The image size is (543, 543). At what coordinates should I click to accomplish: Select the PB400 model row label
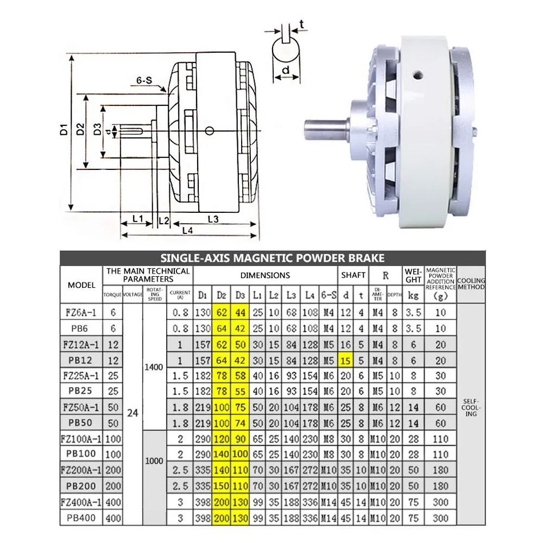[81, 518]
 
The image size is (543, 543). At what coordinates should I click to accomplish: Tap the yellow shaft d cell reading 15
[345, 361]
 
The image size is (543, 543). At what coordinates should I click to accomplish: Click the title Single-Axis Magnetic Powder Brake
[272, 258]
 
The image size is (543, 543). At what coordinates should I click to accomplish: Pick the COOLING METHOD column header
[471, 283]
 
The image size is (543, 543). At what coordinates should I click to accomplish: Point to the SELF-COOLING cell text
[471, 408]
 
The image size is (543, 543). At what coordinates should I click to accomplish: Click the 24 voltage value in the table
[132, 413]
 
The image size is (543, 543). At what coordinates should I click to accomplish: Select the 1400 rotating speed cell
[154, 367]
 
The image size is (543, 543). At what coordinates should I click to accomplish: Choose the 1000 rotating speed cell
[154, 461]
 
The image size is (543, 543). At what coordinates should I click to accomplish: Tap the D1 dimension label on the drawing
[64, 130]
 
